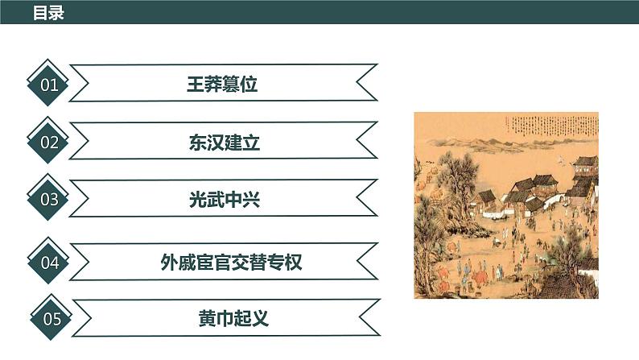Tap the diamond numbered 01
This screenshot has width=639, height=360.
click(50, 85)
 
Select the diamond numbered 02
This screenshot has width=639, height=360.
click(50, 143)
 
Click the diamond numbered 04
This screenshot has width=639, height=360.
click(50, 262)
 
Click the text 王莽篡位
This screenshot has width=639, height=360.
click(222, 85)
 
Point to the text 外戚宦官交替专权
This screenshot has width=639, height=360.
click(231, 262)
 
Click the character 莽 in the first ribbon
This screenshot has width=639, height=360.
click(213, 85)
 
